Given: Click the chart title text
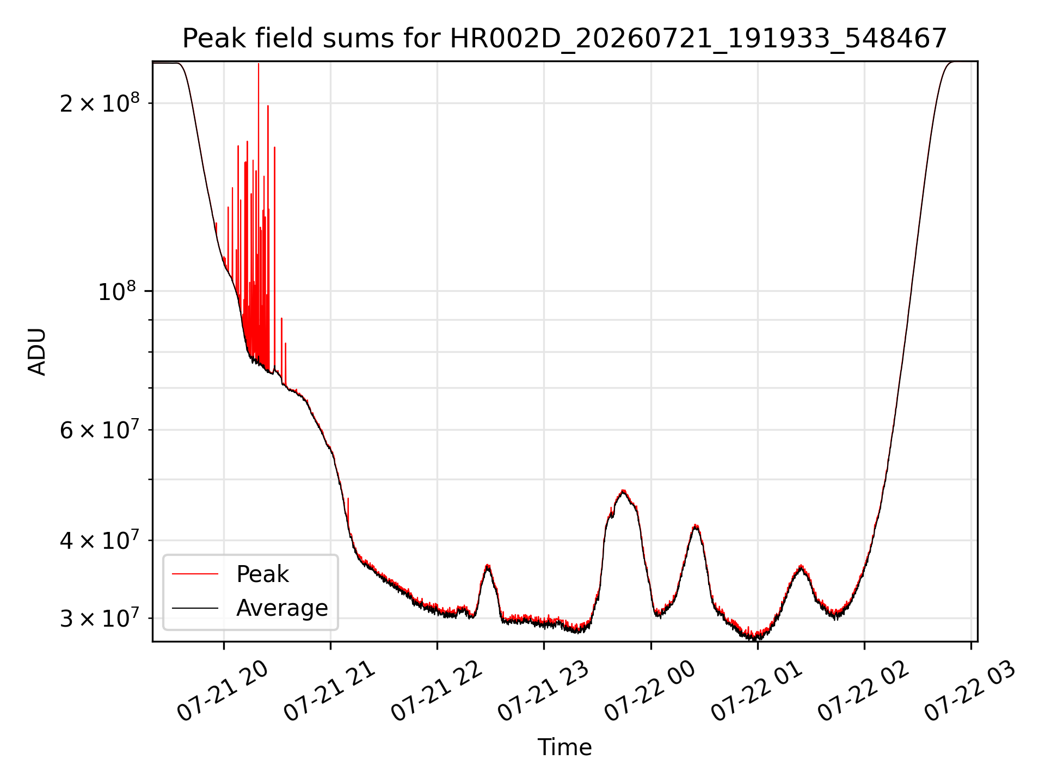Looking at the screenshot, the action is (564, 39).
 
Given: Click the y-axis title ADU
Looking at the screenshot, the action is (37, 352).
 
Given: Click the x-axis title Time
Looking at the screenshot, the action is (564, 748).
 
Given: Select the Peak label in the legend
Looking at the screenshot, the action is (262, 574).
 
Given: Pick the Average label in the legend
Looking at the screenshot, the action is (282, 608).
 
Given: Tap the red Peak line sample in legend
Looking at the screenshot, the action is (195, 574).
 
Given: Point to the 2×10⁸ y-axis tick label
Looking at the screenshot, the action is (100, 102).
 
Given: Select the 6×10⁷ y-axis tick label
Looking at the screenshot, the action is (100, 430).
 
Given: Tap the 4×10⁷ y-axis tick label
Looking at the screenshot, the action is (100, 540).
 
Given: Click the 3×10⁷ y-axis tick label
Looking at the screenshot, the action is (100, 618).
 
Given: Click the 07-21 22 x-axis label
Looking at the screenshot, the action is (437, 691).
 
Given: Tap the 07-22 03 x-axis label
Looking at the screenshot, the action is (970, 691).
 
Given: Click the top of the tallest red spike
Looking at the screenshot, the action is (259, 64).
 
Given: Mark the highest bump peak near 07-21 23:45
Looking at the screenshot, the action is (623, 491).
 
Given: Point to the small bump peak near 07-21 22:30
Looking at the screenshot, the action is (488, 565).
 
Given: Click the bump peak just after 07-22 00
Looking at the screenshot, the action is (696, 525).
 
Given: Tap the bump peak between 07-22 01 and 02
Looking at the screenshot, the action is (801, 566).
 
